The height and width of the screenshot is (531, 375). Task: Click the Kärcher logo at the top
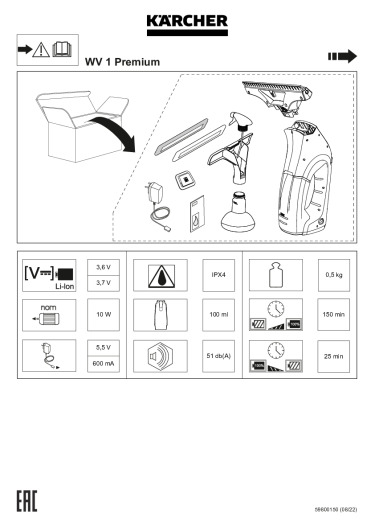click(x=187, y=25)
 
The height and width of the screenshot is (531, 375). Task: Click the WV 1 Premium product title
click(x=122, y=62)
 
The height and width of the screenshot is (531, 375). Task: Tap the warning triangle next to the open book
click(x=41, y=50)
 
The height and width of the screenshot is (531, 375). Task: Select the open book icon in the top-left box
click(x=62, y=49)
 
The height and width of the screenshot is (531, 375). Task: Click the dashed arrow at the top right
click(x=342, y=56)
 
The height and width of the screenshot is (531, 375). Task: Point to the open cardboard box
click(x=81, y=125)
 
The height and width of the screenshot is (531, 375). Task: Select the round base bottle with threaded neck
click(x=238, y=213)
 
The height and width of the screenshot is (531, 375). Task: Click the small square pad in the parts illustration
click(x=186, y=178)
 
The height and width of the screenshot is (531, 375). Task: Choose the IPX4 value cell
click(x=218, y=275)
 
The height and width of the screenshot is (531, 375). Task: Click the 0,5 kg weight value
click(x=334, y=275)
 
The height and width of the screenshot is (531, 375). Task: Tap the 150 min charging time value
click(x=334, y=315)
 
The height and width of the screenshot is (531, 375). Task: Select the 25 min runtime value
click(x=334, y=356)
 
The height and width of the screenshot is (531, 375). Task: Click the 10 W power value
click(x=103, y=315)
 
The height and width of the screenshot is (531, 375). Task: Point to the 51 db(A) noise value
click(x=218, y=356)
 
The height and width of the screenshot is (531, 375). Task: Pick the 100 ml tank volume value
click(x=218, y=315)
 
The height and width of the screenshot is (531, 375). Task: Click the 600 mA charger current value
click(x=103, y=364)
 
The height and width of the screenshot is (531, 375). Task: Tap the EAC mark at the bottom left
click(x=27, y=501)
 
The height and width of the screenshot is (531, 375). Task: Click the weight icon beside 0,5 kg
click(x=276, y=275)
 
